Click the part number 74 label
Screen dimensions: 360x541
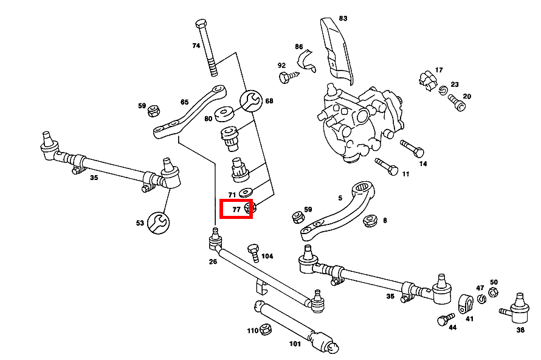click(x=196, y=46)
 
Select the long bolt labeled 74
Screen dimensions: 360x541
click(x=207, y=49)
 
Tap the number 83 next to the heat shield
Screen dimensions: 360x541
click(x=343, y=18)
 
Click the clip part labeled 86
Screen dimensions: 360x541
click(x=306, y=60)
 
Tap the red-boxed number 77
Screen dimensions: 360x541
click(x=236, y=209)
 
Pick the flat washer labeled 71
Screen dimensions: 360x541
click(x=246, y=193)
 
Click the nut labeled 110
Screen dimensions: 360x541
click(x=265, y=330)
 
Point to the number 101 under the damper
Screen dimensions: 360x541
click(x=295, y=344)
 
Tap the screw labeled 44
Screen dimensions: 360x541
click(x=444, y=319)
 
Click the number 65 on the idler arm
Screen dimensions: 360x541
click(x=185, y=102)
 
